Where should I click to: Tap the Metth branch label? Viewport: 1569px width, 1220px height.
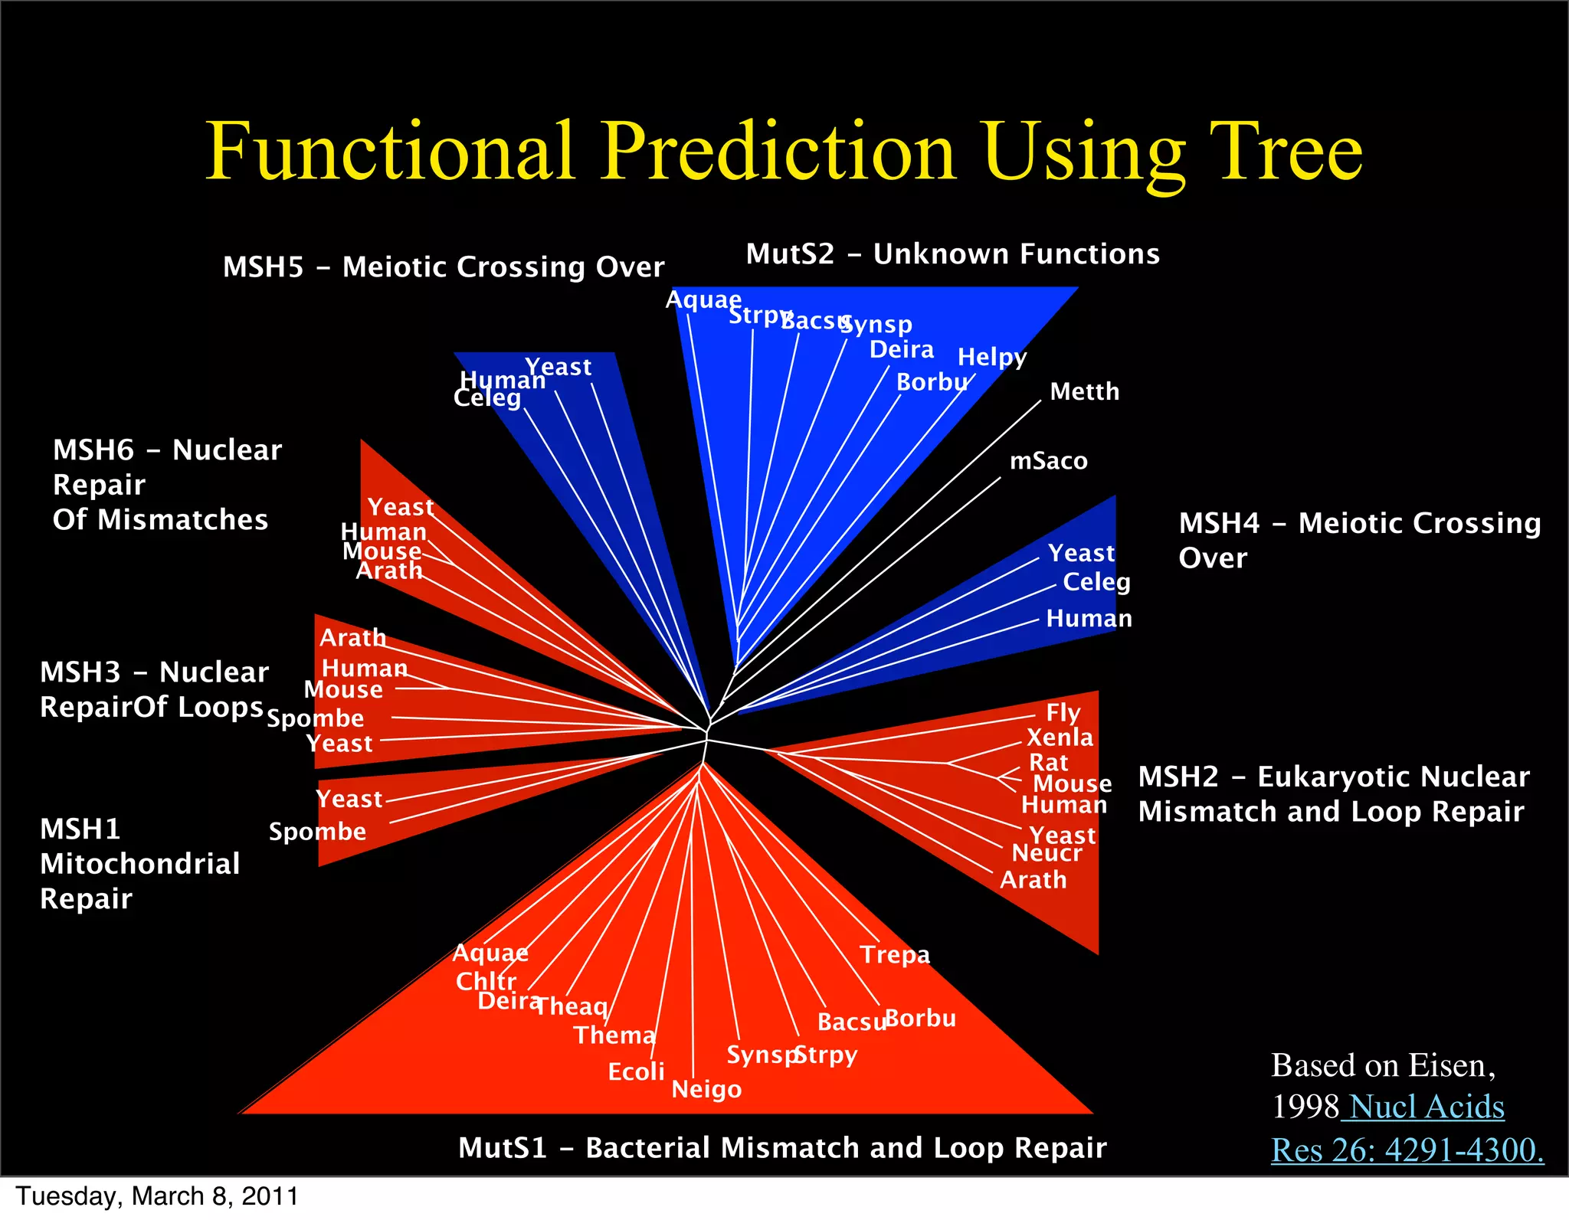pyautogui.click(x=1084, y=391)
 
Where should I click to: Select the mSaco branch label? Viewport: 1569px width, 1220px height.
pyautogui.click(x=1048, y=461)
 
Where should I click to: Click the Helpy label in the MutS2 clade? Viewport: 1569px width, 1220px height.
pyautogui.click(x=991, y=357)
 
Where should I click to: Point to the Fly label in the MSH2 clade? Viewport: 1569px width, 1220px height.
pyautogui.click(x=1063, y=713)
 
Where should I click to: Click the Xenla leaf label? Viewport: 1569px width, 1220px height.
pyautogui.click(x=1060, y=738)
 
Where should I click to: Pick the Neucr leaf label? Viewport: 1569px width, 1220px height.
pyautogui.click(x=1047, y=853)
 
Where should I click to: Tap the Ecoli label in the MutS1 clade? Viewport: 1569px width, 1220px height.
pyautogui.click(x=636, y=1071)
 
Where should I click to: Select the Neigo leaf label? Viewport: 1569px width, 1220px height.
pyautogui.click(x=706, y=1089)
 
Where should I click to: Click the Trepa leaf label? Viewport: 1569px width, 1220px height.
pyautogui.click(x=894, y=954)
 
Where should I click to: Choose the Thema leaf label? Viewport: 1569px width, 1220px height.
pyautogui.click(x=614, y=1035)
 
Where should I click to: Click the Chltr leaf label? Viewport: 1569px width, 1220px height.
pyautogui.click(x=486, y=981)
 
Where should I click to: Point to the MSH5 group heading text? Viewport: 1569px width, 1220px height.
pyautogui.click(x=443, y=267)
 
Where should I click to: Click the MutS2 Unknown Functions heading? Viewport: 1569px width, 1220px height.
pyautogui.click(x=952, y=253)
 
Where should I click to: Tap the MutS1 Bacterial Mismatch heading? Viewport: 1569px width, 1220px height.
pyautogui.click(x=781, y=1147)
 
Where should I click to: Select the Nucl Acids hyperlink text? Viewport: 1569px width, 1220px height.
pyautogui.click(x=1426, y=1107)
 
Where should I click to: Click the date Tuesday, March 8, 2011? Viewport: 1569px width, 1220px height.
pyautogui.click(x=157, y=1196)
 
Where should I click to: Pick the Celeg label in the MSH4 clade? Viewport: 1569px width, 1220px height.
pyautogui.click(x=1096, y=582)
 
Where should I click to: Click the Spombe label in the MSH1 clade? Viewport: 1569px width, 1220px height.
pyautogui.click(x=317, y=832)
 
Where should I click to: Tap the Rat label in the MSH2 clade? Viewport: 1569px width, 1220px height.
pyautogui.click(x=1048, y=763)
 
